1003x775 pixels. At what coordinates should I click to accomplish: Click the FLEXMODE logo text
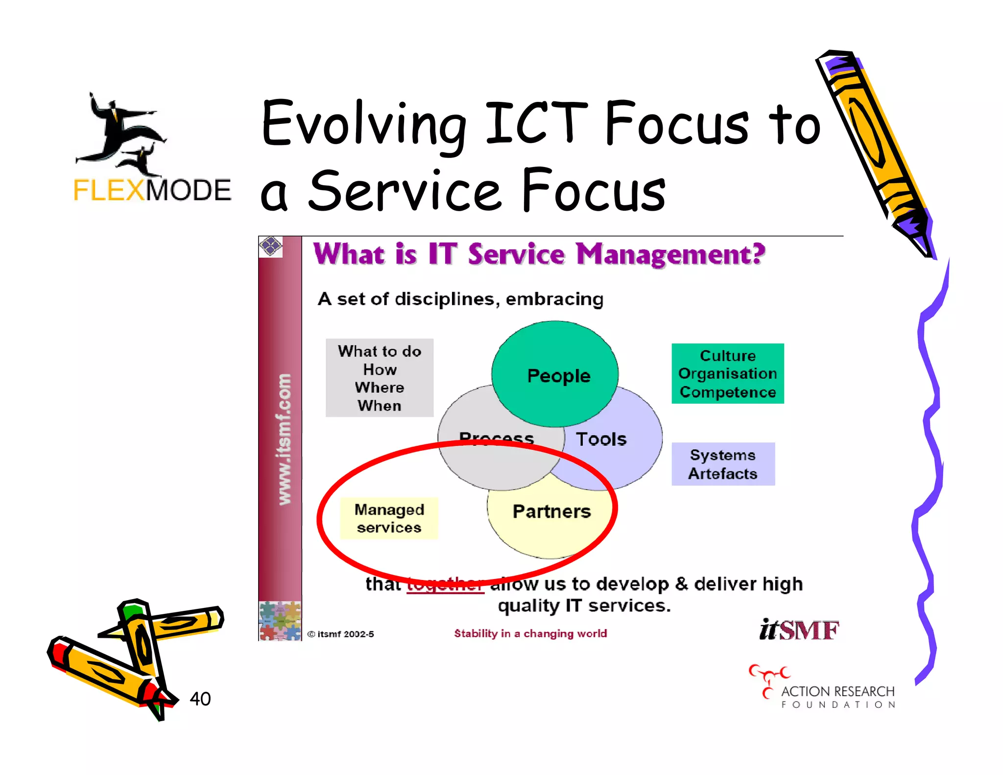pos(152,190)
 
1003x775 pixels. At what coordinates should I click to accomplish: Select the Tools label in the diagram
pos(601,439)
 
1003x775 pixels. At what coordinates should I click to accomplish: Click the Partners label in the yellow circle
pos(551,511)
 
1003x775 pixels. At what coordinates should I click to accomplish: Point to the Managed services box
pos(389,518)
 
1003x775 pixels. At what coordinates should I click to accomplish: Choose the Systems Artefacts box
pos(723,464)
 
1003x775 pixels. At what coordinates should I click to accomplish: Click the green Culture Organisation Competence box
pos(727,374)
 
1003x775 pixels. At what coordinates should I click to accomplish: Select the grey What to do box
pos(380,378)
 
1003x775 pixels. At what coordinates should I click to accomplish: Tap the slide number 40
pos(200,699)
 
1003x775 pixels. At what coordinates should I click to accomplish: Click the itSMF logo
pos(799,630)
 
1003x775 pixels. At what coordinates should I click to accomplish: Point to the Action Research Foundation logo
pos(823,688)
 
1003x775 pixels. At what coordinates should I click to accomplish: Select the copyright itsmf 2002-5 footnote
pos(341,634)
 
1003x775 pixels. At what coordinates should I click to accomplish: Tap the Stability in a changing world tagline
pos(530,633)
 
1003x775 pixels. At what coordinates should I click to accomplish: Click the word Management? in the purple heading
pos(670,255)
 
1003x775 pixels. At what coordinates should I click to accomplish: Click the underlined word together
pos(446,584)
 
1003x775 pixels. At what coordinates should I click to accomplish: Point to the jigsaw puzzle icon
pos(280,621)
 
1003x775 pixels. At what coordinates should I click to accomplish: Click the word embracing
pos(554,299)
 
